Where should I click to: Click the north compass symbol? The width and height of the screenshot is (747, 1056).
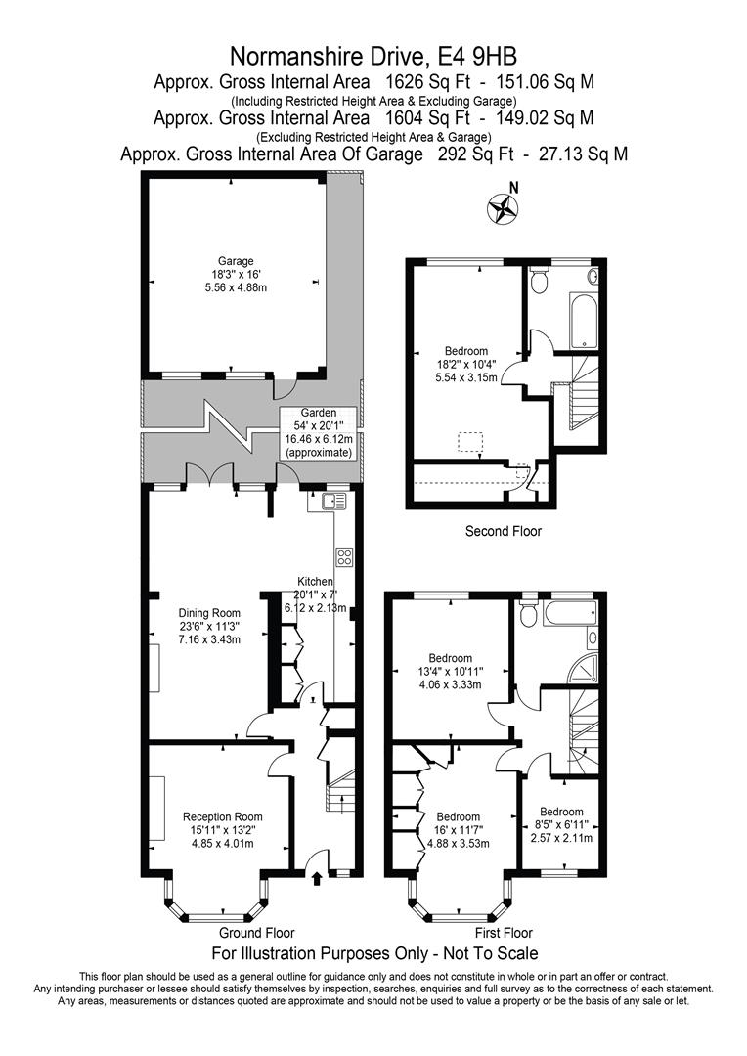click(504, 206)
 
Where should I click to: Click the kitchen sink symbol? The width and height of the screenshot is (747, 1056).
click(333, 503)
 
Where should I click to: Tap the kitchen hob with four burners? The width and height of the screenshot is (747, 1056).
click(344, 557)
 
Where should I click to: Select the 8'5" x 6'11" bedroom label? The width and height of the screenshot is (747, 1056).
click(561, 824)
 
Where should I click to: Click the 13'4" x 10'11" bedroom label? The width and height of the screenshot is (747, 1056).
click(451, 671)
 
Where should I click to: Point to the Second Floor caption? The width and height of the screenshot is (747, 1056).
click(503, 531)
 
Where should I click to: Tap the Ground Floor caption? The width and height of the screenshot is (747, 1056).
click(256, 933)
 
